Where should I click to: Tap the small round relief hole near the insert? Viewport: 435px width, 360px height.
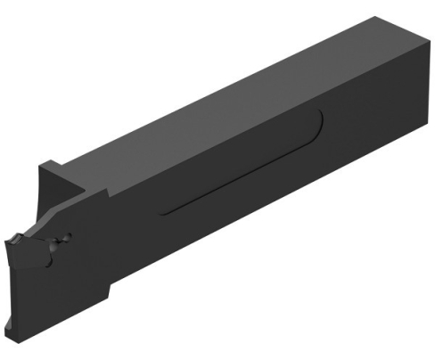(61, 240)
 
